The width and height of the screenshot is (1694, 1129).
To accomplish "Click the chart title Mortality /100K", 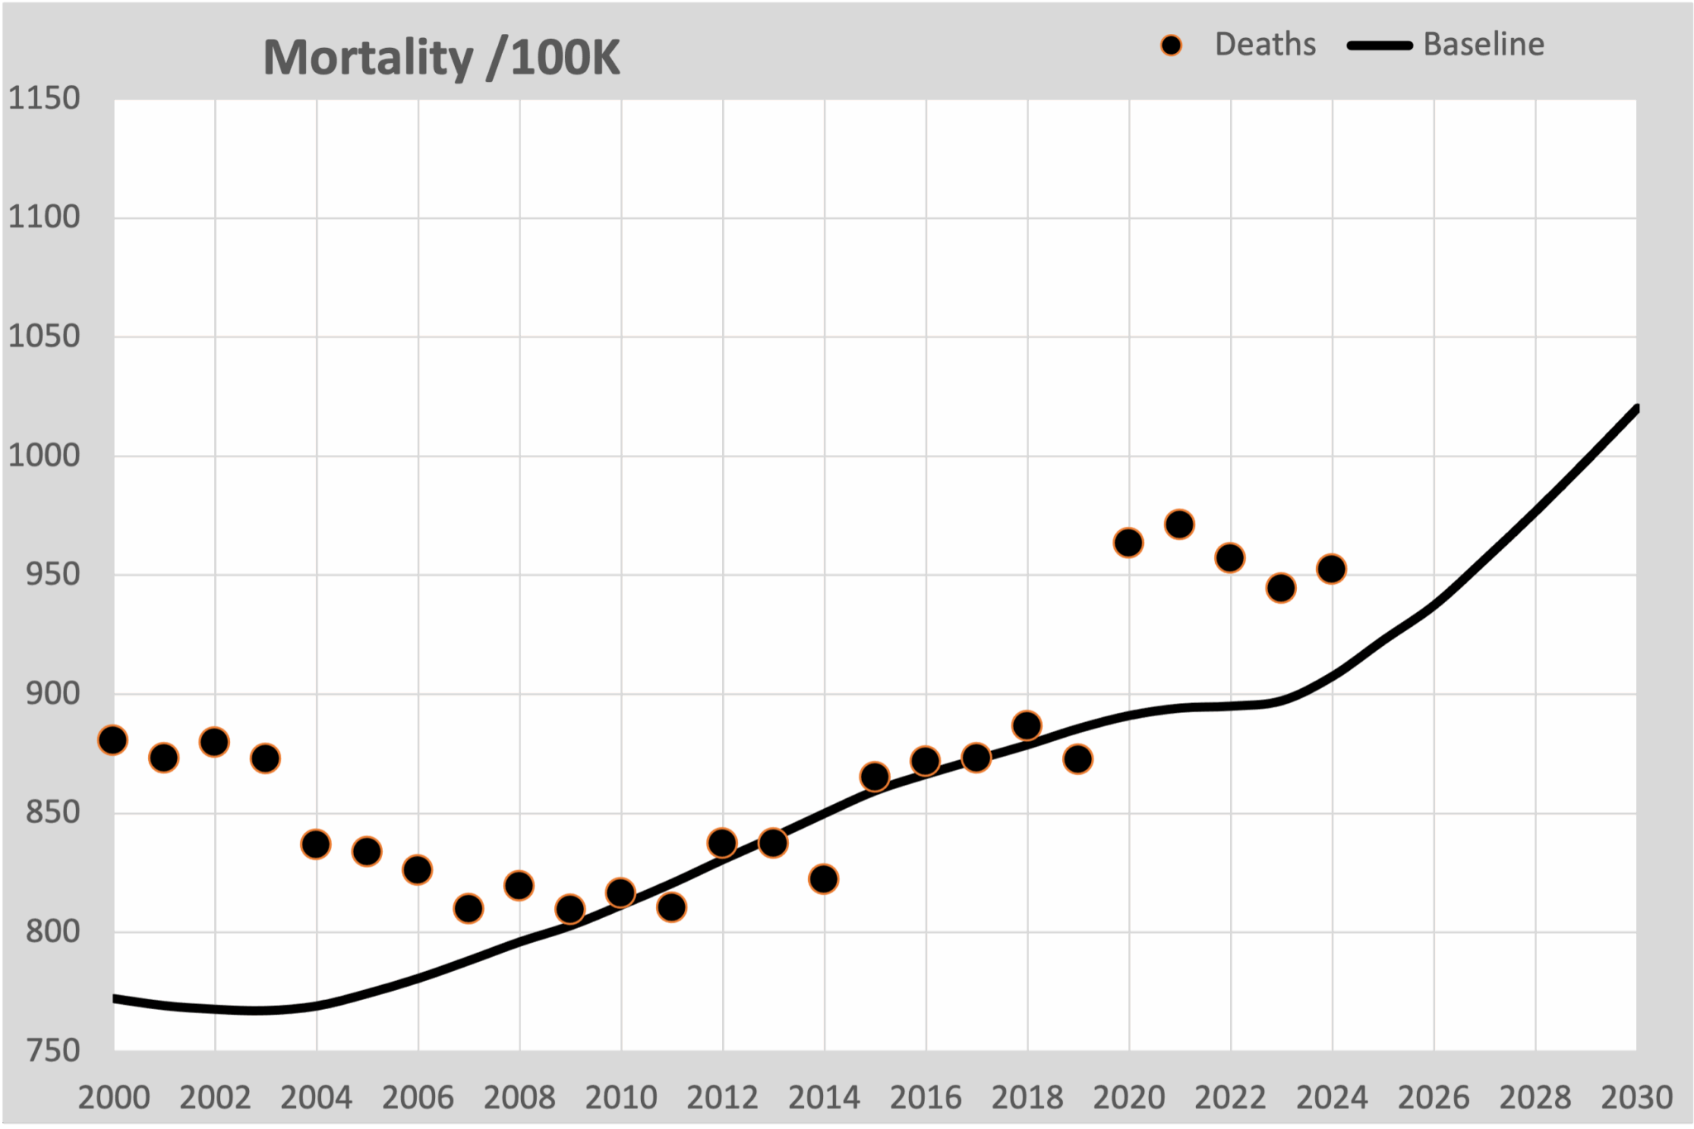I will (441, 58).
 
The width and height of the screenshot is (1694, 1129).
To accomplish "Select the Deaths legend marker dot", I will (1171, 45).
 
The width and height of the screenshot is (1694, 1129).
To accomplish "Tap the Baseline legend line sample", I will (1380, 45).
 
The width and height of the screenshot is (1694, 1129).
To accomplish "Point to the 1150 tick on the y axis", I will (45, 98).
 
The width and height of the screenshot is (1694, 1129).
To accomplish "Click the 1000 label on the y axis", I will (45, 455).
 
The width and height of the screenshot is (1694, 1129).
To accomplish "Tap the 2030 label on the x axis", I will (1636, 1098).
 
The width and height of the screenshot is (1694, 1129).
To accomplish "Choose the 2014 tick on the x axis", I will (824, 1098).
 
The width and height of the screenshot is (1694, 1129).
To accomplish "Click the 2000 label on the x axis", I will (114, 1098).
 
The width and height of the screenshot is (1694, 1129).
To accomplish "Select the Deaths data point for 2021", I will (1179, 524).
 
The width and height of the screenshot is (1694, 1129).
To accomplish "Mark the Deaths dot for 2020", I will (1128, 543).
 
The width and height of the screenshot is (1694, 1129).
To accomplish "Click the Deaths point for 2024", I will (1332, 569).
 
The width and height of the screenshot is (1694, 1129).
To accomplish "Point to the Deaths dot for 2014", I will (824, 878).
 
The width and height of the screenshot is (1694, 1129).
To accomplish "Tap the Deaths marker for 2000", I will (113, 740).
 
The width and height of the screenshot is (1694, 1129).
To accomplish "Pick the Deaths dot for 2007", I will (468, 909).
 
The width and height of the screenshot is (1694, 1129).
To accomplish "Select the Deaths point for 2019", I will (1078, 758).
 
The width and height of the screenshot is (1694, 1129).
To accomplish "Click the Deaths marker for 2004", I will (316, 844).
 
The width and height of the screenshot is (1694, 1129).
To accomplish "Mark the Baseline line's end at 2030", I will (1636, 408).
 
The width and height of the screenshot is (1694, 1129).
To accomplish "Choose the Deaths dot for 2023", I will (1280, 588).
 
